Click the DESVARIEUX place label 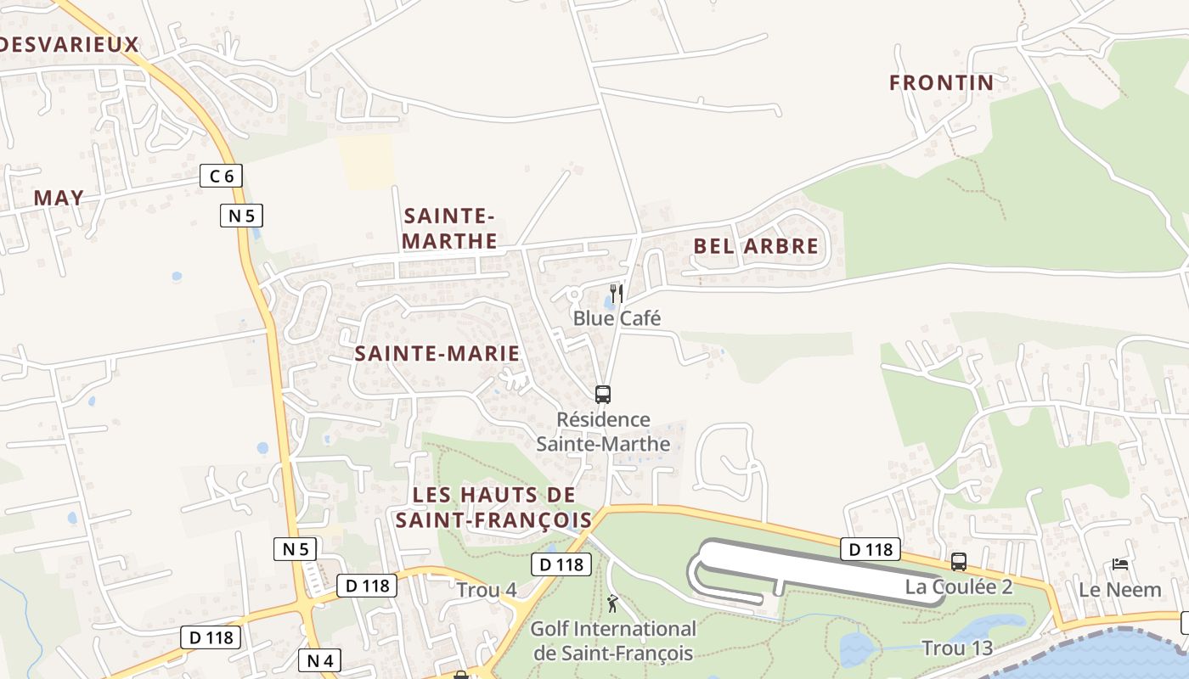68,44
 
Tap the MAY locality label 59,198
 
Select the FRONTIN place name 941,82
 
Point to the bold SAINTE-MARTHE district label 450,228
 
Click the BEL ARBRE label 756,246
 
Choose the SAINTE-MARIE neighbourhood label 437,353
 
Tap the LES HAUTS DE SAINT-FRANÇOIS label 493,507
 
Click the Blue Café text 617,318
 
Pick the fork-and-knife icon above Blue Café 617,294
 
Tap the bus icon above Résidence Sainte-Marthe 603,394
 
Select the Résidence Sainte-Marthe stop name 603,431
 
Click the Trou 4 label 487,589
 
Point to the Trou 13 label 957,648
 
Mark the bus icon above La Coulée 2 959,561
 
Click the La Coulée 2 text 959,586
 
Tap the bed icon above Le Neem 1120,564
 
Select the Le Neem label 1119,589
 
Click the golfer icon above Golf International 612,603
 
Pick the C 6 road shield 222,176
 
